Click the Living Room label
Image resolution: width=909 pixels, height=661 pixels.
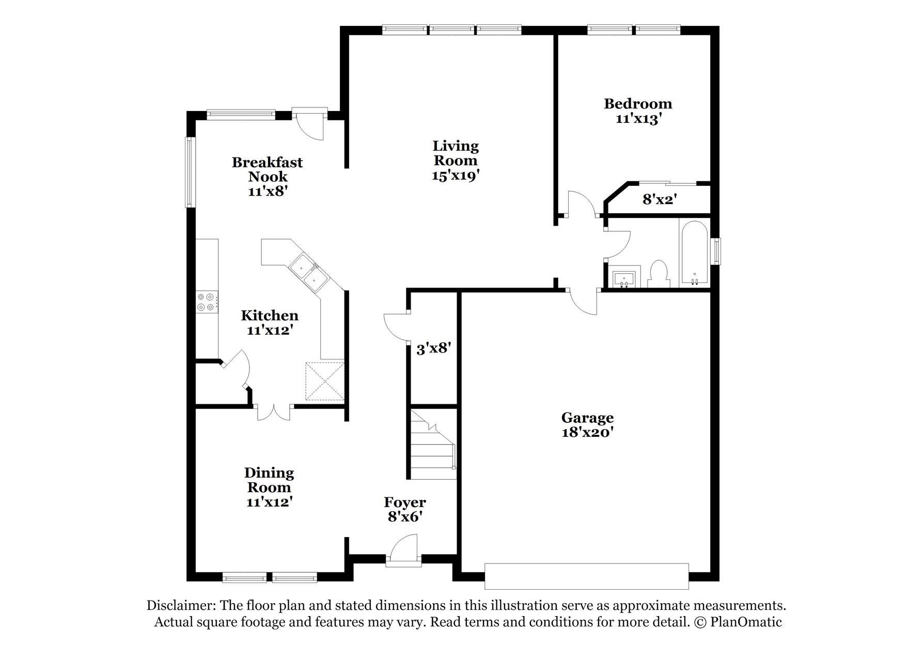point(456,153)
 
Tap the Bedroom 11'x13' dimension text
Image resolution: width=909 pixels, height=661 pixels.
point(638,119)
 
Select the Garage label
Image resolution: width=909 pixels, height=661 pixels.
point(587,417)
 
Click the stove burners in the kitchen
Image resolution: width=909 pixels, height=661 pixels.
point(207,302)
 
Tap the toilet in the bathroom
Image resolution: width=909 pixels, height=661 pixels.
point(658,274)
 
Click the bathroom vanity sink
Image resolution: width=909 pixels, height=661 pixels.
point(625,277)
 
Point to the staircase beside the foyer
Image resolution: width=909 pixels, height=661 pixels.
point(433,445)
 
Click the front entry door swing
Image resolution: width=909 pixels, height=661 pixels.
point(403,550)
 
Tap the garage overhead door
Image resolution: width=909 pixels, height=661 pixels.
point(587,576)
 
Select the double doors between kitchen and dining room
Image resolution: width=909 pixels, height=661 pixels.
point(275,411)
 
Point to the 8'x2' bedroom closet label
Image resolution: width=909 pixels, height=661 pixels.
point(660,199)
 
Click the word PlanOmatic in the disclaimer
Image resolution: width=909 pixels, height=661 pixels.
point(746,622)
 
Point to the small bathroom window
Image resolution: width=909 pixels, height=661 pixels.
point(715,251)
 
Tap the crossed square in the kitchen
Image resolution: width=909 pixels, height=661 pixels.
point(325,381)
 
